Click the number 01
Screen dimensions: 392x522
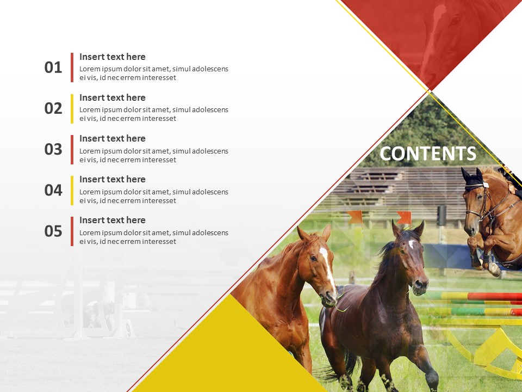[x=53, y=68]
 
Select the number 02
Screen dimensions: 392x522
[x=53, y=108]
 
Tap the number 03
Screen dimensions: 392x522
[x=53, y=149]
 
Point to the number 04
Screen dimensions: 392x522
[x=53, y=190]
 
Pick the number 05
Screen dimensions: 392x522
[x=53, y=231]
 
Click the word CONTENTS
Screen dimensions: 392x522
[x=427, y=154]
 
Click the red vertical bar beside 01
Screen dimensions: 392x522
[x=72, y=68]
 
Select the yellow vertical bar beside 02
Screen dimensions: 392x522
[x=72, y=108]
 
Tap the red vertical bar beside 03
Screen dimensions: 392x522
[x=72, y=149]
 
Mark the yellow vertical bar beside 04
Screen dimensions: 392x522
[x=72, y=190]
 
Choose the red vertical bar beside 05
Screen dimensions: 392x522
[x=72, y=231]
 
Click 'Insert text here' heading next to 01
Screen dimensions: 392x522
[x=113, y=57]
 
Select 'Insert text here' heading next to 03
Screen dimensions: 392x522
[x=113, y=138]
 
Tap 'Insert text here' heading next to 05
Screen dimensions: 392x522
[x=113, y=220]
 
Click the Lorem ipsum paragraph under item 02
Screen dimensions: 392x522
[x=154, y=114]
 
